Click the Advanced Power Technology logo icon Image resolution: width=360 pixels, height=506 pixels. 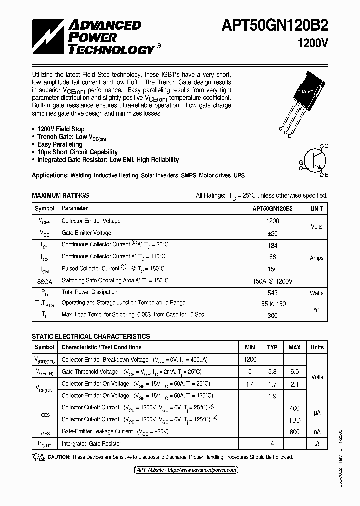(x=48, y=37)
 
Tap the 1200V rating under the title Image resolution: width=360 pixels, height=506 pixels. (x=312, y=43)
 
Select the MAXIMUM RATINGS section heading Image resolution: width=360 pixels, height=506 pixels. (x=60, y=195)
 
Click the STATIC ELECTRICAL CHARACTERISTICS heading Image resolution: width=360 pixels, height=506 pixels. (x=91, y=336)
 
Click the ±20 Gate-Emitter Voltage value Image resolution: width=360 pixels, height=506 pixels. (x=272, y=233)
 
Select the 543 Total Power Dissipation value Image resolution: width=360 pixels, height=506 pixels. (x=272, y=292)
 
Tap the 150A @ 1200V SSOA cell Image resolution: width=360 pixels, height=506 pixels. (x=272, y=281)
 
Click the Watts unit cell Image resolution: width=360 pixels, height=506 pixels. (x=316, y=293)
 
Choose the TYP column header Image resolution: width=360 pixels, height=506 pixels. (x=272, y=347)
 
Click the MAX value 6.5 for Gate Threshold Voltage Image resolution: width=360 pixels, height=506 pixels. (x=295, y=372)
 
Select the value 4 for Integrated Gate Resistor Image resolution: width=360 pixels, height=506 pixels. (x=272, y=443)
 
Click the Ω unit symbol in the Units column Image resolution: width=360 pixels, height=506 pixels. (x=317, y=443)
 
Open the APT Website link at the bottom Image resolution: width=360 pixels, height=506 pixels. (x=186, y=470)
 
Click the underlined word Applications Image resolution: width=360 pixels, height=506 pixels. (x=49, y=176)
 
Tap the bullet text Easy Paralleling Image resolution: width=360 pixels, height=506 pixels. (x=60, y=144)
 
